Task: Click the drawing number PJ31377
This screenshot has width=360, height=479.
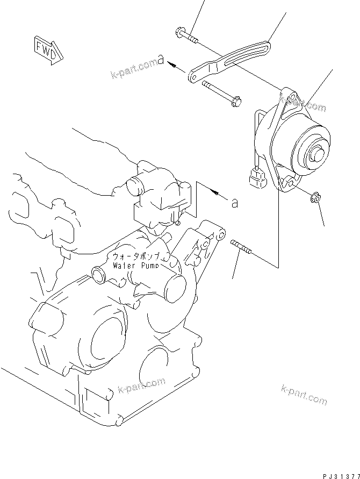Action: tap(340, 475)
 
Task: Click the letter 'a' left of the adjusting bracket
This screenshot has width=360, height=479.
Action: tap(160, 57)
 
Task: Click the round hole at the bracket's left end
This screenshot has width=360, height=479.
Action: tap(191, 78)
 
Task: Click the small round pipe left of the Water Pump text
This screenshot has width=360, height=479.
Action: tap(98, 276)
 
